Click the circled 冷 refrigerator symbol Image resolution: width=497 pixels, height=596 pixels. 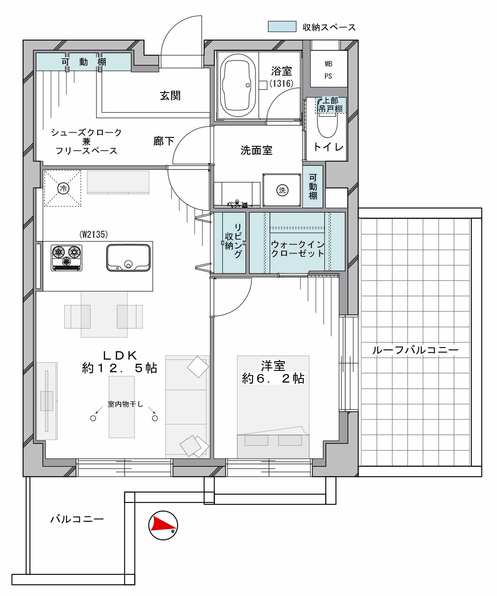(x=63, y=188)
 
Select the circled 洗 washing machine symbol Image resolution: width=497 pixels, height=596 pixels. (x=282, y=190)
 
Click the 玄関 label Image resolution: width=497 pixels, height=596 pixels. (x=170, y=96)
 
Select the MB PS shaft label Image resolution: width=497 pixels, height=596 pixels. (x=328, y=70)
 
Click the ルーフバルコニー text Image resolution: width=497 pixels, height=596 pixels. (x=415, y=350)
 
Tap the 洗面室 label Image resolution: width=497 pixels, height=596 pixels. (x=257, y=150)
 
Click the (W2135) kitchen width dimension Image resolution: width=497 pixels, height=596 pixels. (x=94, y=234)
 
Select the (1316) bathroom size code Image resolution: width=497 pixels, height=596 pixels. (x=281, y=83)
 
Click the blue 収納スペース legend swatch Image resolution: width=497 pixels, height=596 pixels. (x=282, y=26)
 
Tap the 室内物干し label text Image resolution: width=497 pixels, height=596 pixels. (x=125, y=404)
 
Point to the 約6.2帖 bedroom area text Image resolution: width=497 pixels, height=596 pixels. (x=273, y=378)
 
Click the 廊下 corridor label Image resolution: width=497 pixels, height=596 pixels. (x=164, y=141)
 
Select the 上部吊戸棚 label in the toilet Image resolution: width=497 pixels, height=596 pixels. (x=331, y=105)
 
